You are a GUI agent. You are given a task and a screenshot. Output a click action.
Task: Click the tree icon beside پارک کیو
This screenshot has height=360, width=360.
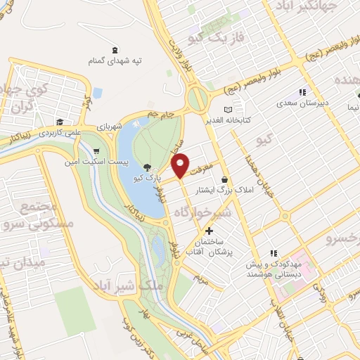[147, 167]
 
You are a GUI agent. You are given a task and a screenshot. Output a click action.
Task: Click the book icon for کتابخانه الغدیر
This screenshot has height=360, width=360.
[227, 110]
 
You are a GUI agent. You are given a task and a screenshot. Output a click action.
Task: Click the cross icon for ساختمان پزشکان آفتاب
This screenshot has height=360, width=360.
[209, 231]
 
